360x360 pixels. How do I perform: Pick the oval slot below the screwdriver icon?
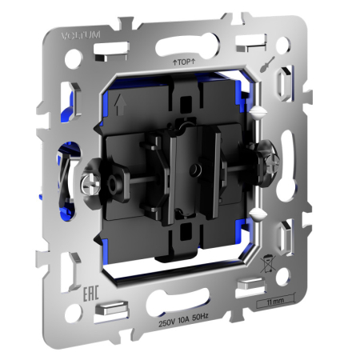(285, 83)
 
